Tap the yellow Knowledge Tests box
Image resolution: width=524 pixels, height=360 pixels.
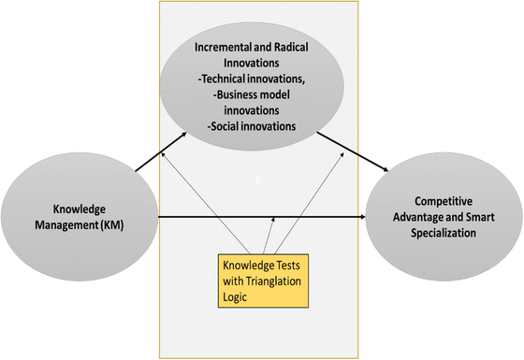click(261, 280)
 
